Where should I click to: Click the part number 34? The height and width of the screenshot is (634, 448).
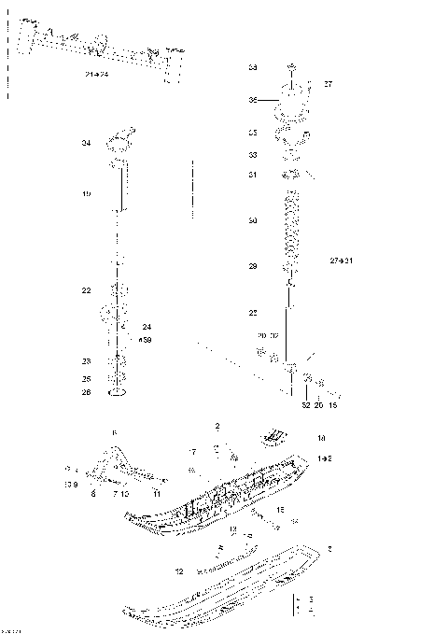[85, 144]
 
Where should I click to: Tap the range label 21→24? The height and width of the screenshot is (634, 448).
[96, 74]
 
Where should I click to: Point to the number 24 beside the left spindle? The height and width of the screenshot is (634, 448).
[146, 327]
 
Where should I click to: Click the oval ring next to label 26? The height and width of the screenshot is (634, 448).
[118, 393]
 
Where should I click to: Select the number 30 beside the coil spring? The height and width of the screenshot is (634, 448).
[252, 220]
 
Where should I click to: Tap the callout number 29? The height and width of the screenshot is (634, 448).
[252, 267]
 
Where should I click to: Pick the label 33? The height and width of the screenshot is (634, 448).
[252, 155]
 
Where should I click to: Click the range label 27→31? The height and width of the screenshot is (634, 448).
[342, 260]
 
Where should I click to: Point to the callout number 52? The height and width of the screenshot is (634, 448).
[305, 405]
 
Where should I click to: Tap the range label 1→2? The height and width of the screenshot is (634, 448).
[324, 459]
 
